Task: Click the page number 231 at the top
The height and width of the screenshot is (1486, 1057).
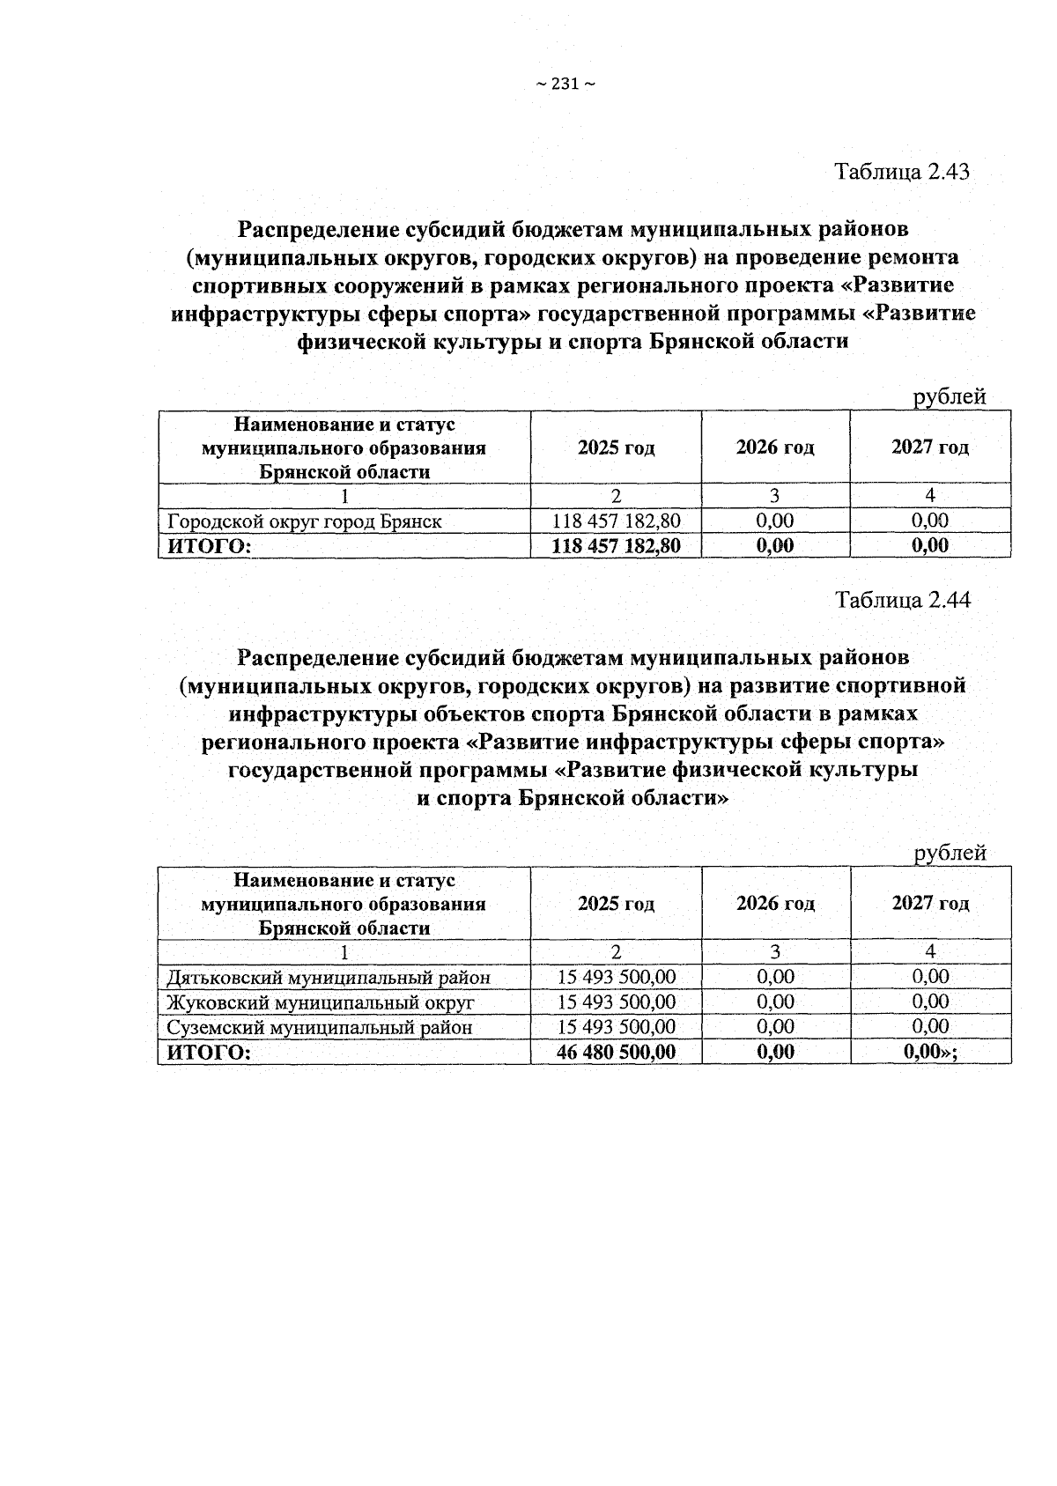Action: pyautogui.click(x=565, y=85)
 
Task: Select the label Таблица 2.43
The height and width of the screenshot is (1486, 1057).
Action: pyautogui.click(x=902, y=171)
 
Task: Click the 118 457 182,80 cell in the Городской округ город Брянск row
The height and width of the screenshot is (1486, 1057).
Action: pyautogui.click(x=616, y=521)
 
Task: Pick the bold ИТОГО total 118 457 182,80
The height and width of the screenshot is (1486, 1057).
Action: pyautogui.click(x=616, y=546)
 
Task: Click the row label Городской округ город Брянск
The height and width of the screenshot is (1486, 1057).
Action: pyautogui.click(x=304, y=521)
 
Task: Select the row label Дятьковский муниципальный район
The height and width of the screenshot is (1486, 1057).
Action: pyautogui.click(x=329, y=977)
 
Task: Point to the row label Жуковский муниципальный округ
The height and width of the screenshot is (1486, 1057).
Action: pyautogui.click(x=321, y=1002)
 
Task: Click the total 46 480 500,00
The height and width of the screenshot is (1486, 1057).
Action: pyautogui.click(x=616, y=1052)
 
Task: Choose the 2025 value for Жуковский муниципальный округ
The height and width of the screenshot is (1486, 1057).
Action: pyautogui.click(x=616, y=1002)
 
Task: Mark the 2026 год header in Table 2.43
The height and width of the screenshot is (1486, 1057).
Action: pyautogui.click(x=775, y=447)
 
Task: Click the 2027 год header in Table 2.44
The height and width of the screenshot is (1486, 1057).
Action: pyautogui.click(x=930, y=903)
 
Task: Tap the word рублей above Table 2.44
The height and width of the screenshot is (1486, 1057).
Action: pyautogui.click(x=950, y=853)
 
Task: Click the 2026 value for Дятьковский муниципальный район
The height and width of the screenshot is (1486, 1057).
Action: pyautogui.click(x=775, y=977)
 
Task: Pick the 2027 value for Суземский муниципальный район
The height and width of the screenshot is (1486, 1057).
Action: pyautogui.click(x=930, y=1027)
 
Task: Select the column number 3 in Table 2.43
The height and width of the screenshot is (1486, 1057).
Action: pyautogui.click(x=775, y=496)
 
